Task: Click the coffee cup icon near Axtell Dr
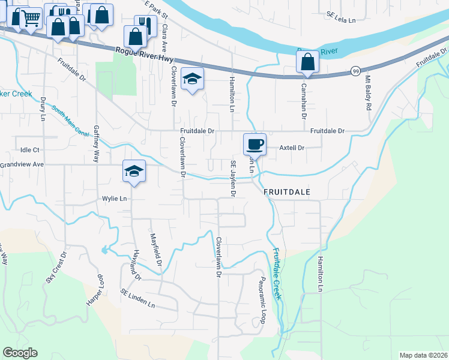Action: pyautogui.click(x=255, y=145)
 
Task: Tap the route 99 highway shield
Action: pyautogui.click(x=355, y=70)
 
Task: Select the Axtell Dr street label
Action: pyautogui.click(x=293, y=147)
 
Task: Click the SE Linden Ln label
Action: pyautogui.click(x=137, y=298)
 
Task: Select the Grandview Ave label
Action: pyautogui.click(x=22, y=164)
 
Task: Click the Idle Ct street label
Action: pyautogui.click(x=29, y=149)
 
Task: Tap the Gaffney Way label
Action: pyautogui.click(x=96, y=144)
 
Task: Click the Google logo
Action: pyautogui.click(x=20, y=353)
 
